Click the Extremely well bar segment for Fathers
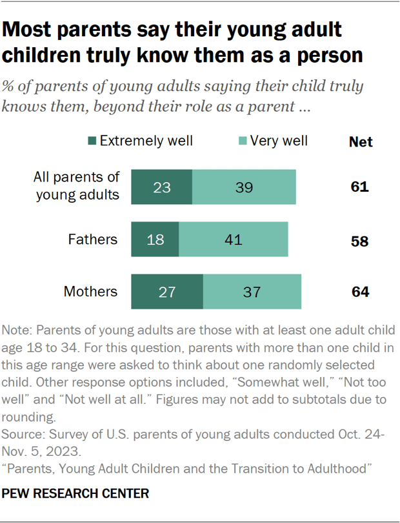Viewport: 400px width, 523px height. [155, 240]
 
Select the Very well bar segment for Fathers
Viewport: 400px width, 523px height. [234, 240]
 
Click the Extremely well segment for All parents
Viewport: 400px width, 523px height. [161, 187]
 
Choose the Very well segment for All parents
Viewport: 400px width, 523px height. [244, 187]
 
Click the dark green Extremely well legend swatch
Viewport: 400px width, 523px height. [92, 141]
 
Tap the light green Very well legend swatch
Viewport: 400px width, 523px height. [242, 141]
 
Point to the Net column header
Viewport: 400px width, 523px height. [360, 142]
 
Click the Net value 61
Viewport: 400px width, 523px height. [360, 187]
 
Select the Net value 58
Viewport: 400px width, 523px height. [360, 241]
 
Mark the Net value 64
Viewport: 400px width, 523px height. [360, 292]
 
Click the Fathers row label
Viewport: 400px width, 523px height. [93, 240]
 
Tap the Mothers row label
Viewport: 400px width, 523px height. [91, 292]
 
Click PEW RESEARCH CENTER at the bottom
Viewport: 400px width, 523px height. [76, 494]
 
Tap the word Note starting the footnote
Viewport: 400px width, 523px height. [17, 331]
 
